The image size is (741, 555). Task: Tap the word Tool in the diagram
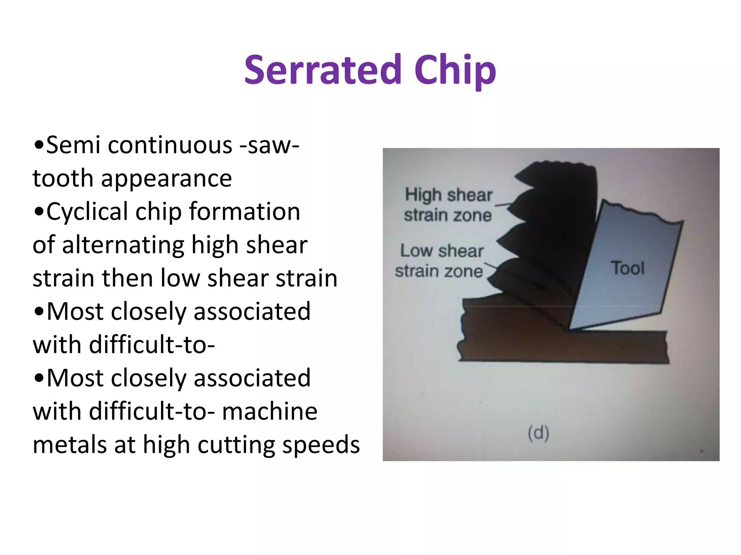click(x=628, y=268)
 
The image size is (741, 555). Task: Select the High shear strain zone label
click(x=448, y=205)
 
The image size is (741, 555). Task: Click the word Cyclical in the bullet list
click(x=87, y=211)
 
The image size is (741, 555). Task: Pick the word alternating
click(x=123, y=245)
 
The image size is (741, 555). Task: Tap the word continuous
click(x=170, y=145)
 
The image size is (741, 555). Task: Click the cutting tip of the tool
click(x=569, y=329)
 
